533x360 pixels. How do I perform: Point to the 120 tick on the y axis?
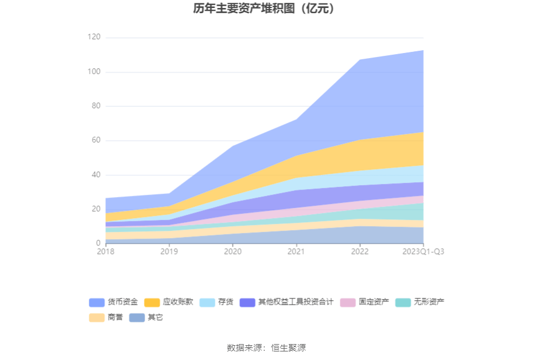(93, 37)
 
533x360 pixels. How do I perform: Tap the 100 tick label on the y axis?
(93, 72)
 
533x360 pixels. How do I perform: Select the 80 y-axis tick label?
(95, 106)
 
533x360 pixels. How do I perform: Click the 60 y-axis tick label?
(95, 140)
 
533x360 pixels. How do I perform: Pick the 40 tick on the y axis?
(95, 175)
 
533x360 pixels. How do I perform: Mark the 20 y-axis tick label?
(95, 209)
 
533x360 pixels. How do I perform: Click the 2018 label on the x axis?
(105, 251)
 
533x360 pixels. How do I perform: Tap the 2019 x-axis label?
(169, 251)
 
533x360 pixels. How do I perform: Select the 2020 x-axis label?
(233, 251)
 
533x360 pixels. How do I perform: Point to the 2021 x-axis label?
(296, 251)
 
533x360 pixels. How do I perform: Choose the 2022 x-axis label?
(360, 251)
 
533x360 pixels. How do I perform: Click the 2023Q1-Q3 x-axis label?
(423, 251)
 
